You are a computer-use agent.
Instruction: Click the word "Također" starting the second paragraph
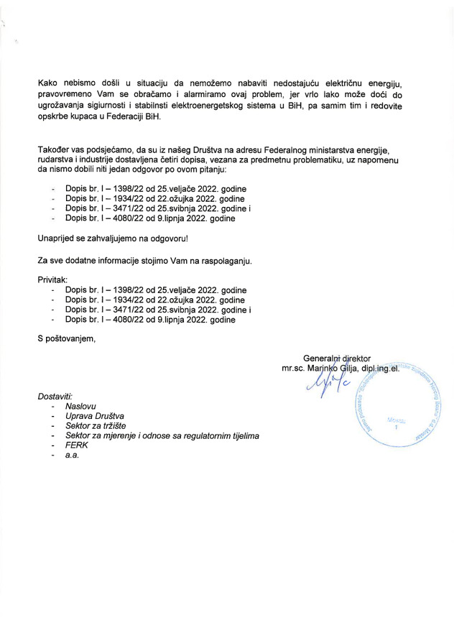[52, 149]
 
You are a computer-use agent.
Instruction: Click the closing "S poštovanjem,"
[66, 339]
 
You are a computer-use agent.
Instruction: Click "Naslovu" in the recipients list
[80, 406]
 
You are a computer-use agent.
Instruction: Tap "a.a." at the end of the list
[72, 456]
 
